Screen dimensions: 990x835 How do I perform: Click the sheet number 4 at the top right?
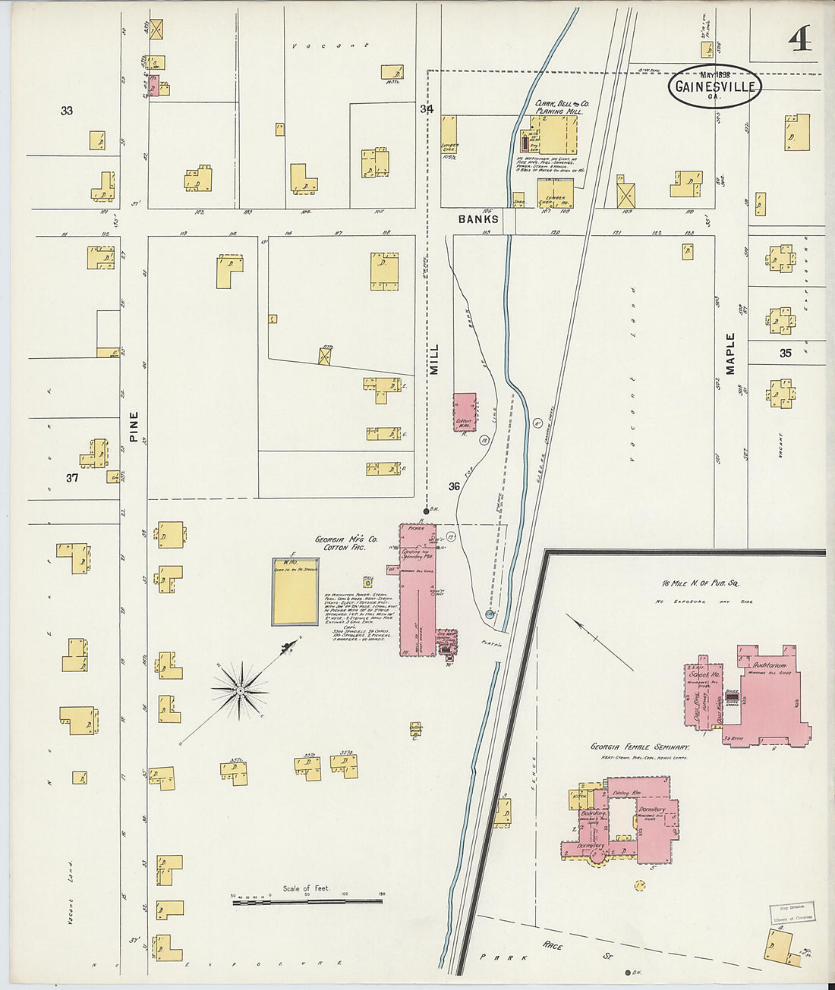click(x=799, y=38)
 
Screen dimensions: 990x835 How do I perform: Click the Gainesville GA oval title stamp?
click(x=714, y=86)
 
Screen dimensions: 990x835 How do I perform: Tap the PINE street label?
click(x=134, y=426)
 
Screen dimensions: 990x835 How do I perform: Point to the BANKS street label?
click(x=478, y=219)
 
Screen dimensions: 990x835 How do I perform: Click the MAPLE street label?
click(x=730, y=354)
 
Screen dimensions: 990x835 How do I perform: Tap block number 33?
click(x=67, y=111)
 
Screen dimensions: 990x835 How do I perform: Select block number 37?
click(x=71, y=478)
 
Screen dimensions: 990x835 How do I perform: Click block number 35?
click(x=785, y=353)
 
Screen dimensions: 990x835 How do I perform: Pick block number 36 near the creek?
click(x=454, y=486)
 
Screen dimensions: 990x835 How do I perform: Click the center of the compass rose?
click(x=240, y=690)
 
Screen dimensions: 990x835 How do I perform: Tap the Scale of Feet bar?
click(x=307, y=901)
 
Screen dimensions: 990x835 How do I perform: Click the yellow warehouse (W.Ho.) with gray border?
click(x=295, y=592)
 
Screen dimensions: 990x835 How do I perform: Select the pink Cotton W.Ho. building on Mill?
click(x=465, y=412)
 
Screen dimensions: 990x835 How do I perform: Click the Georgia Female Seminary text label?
click(x=640, y=747)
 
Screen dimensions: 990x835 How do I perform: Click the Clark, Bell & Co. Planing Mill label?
click(x=562, y=107)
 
